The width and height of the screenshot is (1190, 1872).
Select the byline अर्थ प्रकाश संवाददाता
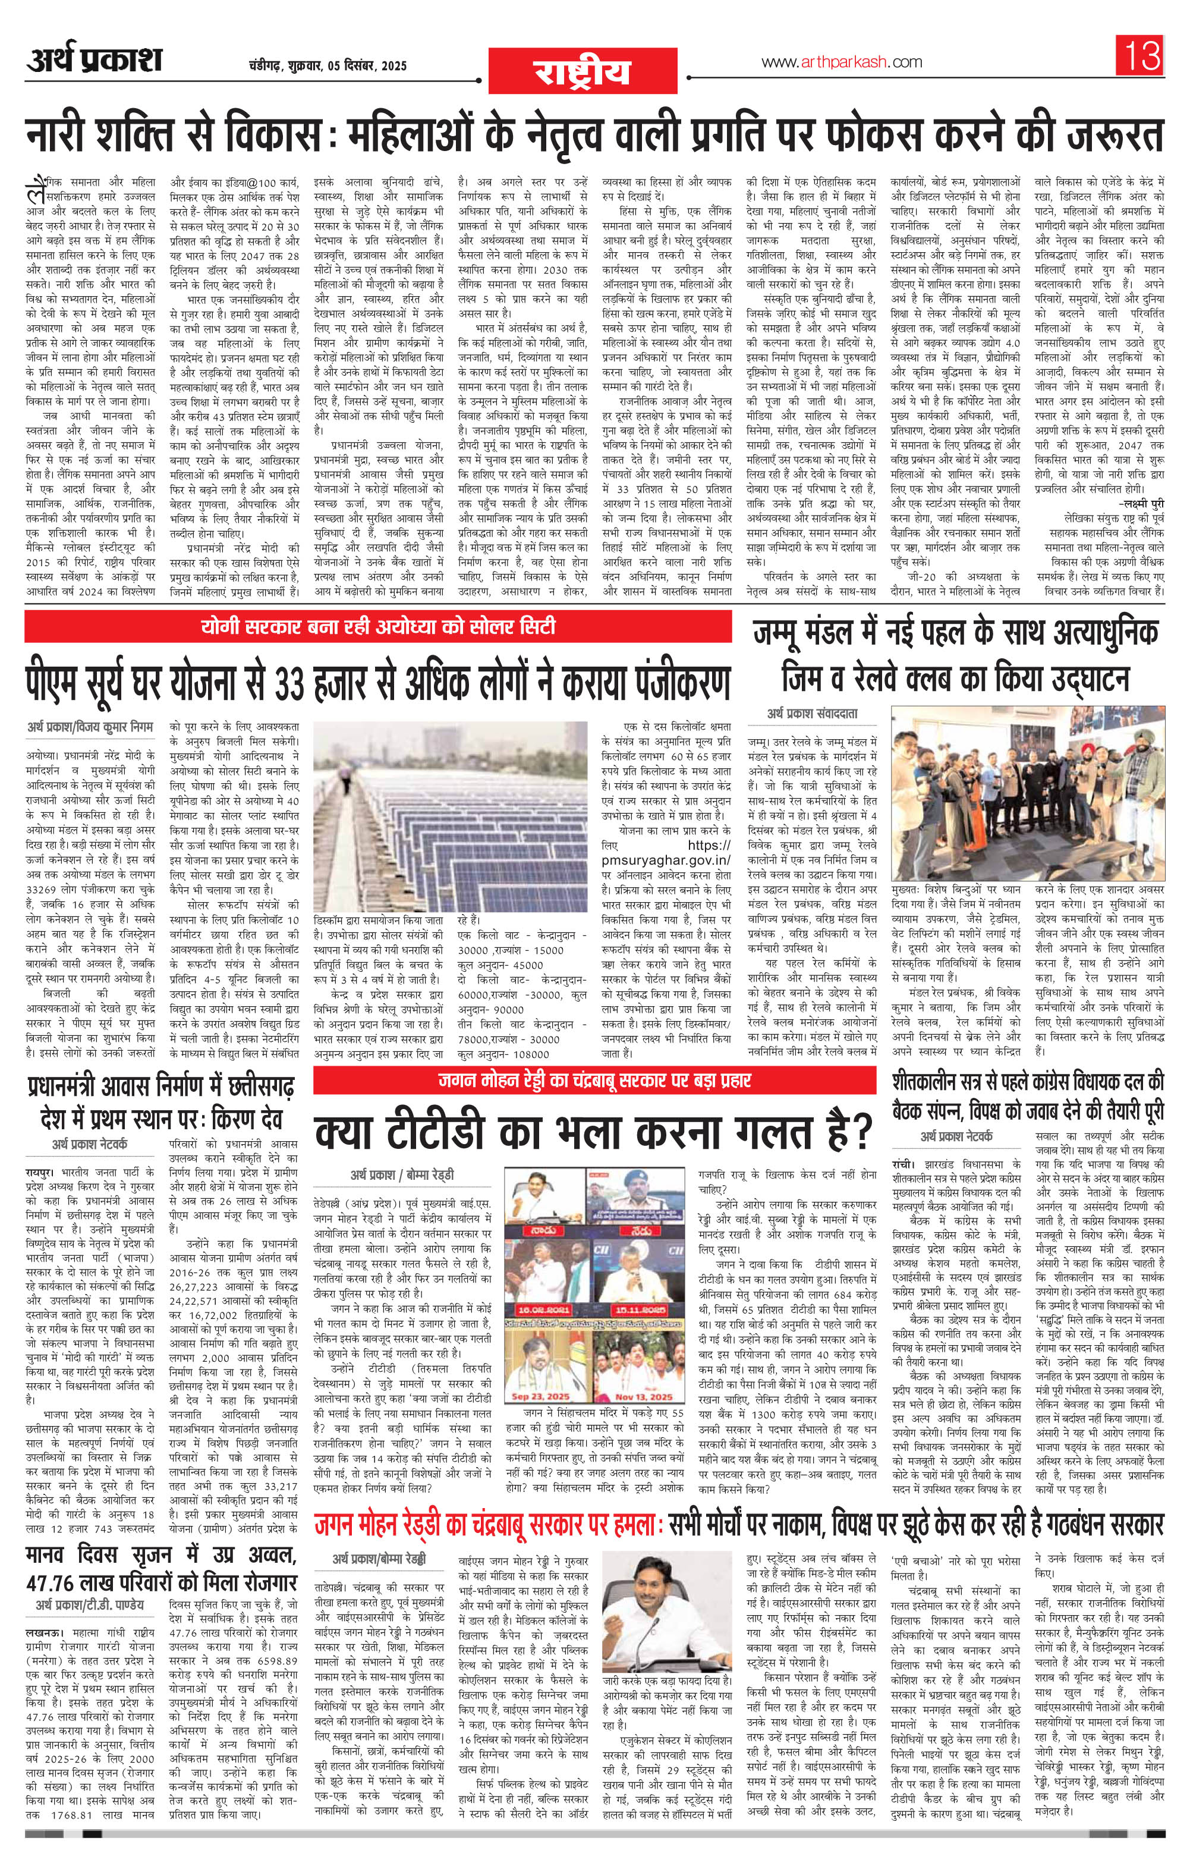pos(812,712)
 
